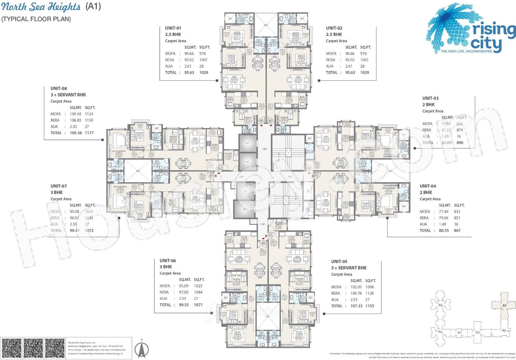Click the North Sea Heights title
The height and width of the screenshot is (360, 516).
point(41,7)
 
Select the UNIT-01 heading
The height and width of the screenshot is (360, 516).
point(173,28)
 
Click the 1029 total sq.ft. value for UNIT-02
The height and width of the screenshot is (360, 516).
point(365,72)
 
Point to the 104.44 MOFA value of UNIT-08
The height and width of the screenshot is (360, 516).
point(75,114)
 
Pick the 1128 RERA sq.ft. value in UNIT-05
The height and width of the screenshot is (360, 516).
point(369,293)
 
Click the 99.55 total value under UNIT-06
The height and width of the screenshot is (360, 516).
point(184,305)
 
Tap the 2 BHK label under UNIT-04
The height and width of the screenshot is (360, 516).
point(426,192)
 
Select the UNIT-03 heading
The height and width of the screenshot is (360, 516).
point(430,98)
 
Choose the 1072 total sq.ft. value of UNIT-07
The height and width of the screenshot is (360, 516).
point(89,231)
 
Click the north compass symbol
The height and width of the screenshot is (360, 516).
point(142,349)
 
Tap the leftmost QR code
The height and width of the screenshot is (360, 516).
point(11,348)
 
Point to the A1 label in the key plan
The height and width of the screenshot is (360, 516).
point(504,306)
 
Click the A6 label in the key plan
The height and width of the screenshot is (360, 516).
point(440,305)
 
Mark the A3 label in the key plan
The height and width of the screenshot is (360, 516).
point(477,332)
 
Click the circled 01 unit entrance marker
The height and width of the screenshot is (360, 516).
point(261,121)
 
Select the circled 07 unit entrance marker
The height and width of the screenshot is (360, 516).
point(212,175)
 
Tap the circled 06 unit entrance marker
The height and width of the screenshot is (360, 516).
point(263,243)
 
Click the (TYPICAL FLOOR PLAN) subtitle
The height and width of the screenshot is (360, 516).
point(36,19)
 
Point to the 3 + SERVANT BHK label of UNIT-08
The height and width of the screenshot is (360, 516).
point(68,95)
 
